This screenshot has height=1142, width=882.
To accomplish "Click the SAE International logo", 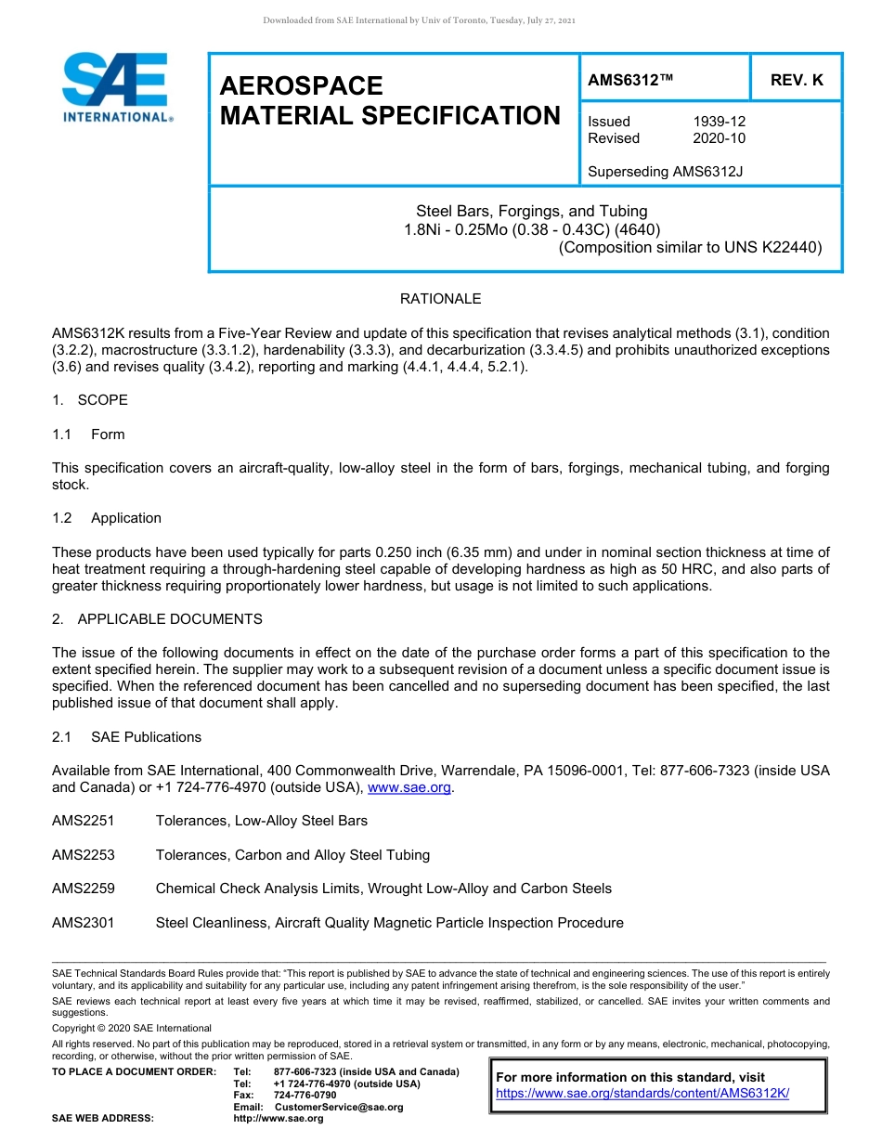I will tap(116, 86).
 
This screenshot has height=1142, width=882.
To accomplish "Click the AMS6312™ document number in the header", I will tap(630, 81).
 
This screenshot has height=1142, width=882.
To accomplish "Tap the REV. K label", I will tap(797, 81).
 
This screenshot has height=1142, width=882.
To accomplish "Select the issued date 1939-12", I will tap(719, 122).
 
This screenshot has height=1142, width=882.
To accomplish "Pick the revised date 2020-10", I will tap(719, 138).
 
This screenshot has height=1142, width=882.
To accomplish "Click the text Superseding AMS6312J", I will tap(666, 171).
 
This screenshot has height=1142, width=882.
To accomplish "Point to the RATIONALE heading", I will tap(440, 299).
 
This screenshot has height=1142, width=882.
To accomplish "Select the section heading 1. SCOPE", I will tap(90, 400).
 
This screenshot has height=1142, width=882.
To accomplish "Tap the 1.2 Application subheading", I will tap(107, 518).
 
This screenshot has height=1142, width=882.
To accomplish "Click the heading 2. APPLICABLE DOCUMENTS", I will tap(157, 619).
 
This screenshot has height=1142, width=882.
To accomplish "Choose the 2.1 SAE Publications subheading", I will tap(126, 737).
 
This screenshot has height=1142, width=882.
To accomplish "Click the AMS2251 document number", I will tap(84, 821).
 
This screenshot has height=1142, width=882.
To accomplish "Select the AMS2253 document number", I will tap(84, 855).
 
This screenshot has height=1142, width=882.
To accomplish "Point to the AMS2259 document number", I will tap(84, 889).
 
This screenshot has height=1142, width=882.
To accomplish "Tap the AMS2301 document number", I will tap(84, 923).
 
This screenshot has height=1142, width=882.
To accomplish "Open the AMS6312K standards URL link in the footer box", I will tap(642, 1093).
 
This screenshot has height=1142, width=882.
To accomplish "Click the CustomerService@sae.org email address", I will tap(339, 1107).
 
